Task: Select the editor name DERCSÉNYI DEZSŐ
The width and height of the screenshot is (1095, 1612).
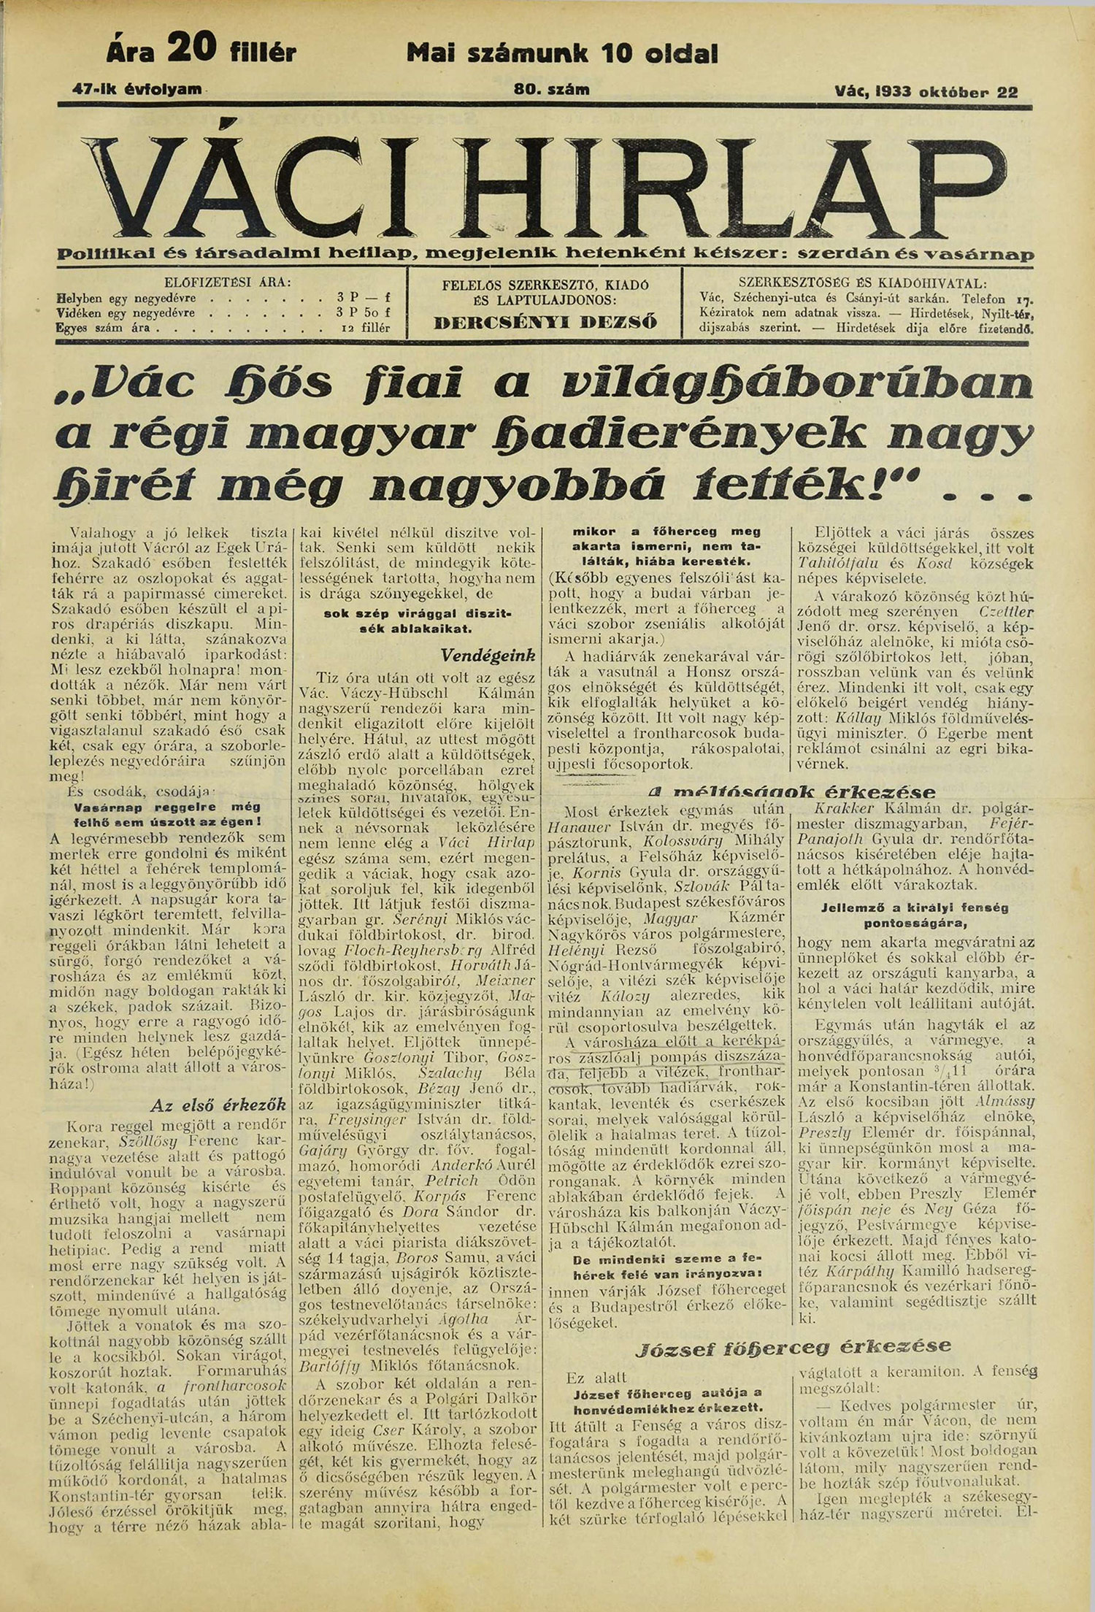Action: coord(545,322)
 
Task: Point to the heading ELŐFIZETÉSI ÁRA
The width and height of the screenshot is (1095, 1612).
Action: coord(226,283)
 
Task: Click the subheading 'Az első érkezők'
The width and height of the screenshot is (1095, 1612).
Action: coord(218,1105)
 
